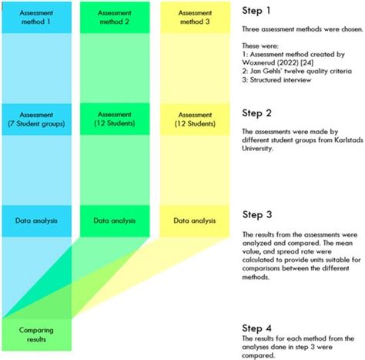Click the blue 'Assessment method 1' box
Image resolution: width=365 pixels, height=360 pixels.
tap(37, 18)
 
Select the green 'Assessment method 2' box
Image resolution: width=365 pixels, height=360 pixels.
tap(115, 18)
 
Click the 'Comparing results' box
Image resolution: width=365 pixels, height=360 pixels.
tap(37, 333)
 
